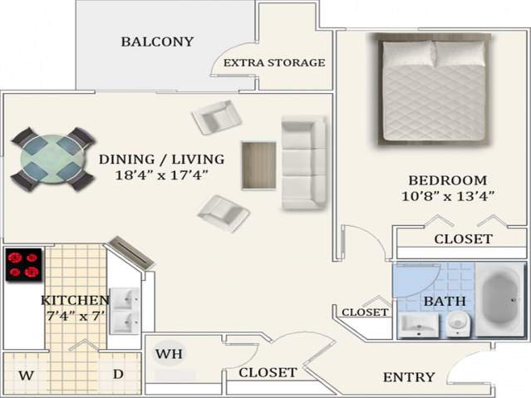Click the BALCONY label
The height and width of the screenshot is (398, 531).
[157, 42]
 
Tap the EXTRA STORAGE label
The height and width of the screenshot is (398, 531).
[274, 62]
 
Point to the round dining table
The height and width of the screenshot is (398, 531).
[52, 157]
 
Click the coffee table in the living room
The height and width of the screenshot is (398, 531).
[258, 165]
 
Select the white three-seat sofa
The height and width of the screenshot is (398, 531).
[303, 163]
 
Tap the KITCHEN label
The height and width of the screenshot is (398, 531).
[76, 300]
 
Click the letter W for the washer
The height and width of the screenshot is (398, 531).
[27, 376]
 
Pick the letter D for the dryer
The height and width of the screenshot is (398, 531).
[118, 375]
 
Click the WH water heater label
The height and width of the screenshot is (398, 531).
[170, 354]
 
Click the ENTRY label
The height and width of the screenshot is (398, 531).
[409, 377]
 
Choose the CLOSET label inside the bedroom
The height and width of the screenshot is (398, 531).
[463, 239]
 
